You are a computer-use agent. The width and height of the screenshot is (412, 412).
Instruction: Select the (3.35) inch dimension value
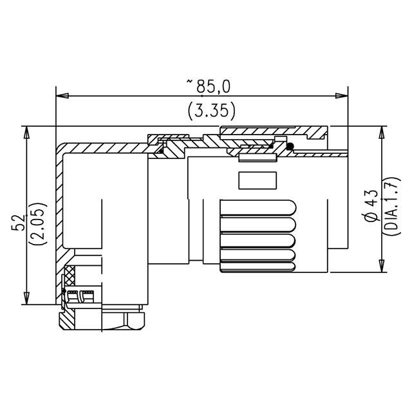[211, 111]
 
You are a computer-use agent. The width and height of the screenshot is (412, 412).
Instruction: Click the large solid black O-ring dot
[290, 148]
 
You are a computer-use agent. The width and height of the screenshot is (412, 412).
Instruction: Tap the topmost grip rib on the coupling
[257, 209]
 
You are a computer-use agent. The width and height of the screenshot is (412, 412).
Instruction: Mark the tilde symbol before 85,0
[189, 81]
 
